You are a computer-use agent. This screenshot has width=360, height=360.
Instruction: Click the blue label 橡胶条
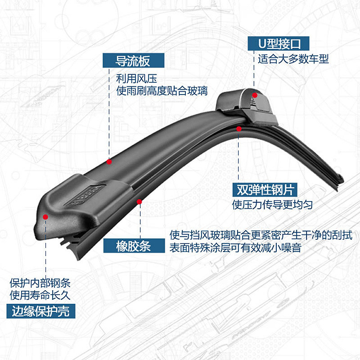(133, 247)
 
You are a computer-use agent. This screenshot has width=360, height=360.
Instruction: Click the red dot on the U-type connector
(255, 95)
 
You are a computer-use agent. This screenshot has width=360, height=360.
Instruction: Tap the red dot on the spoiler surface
(109, 161)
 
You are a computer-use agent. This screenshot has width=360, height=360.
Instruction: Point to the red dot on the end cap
(45, 217)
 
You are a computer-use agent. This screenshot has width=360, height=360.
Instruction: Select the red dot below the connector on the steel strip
(239, 129)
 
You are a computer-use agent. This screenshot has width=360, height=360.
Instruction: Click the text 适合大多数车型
(293, 59)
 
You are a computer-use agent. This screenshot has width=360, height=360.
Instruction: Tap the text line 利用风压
(132, 78)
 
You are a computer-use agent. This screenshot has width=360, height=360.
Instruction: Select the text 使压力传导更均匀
(272, 205)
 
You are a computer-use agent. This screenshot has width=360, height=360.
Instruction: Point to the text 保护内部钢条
(40, 283)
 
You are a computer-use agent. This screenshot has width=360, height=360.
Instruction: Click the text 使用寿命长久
(40, 296)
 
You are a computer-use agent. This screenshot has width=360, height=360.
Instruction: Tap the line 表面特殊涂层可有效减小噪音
(235, 247)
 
